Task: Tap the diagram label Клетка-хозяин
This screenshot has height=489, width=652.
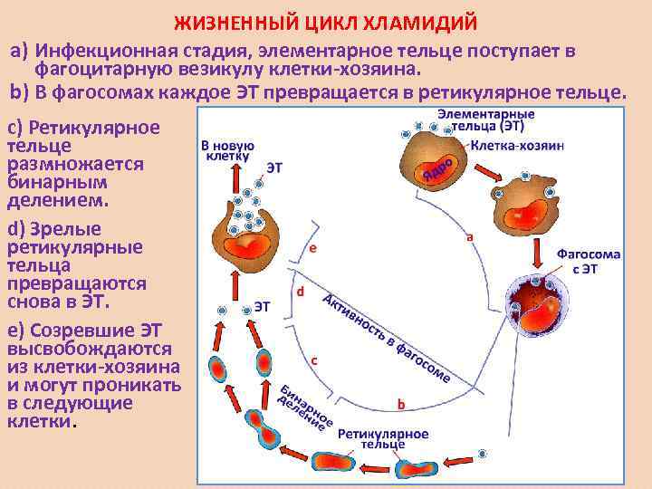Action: [523, 144]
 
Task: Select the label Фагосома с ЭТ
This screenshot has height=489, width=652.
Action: [588, 261]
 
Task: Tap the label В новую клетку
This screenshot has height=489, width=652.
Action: [226, 150]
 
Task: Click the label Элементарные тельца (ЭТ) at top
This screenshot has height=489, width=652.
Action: [486, 120]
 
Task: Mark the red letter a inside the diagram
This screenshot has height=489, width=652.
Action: [469, 237]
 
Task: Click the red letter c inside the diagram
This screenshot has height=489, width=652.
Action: [313, 360]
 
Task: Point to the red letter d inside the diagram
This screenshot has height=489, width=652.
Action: [300, 292]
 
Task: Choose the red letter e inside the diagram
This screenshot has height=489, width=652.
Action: [312, 246]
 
